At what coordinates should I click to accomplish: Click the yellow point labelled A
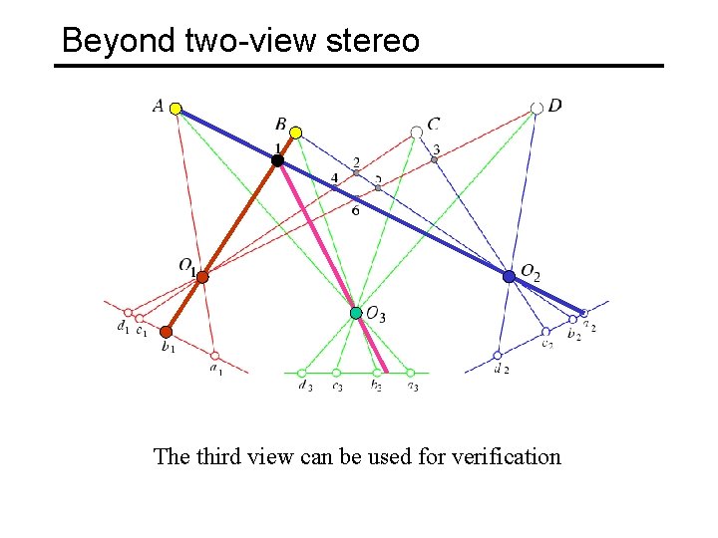[x=176, y=109]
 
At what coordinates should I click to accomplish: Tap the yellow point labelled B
[x=296, y=132]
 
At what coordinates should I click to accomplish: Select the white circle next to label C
[x=417, y=132]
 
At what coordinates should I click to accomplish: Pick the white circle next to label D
[x=538, y=107]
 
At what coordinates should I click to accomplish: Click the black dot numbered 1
[x=277, y=160]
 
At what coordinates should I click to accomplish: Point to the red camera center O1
[x=201, y=277]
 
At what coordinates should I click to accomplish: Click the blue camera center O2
[x=509, y=277]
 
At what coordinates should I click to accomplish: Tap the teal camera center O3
[x=356, y=313]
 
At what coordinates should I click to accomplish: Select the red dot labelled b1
[x=167, y=332]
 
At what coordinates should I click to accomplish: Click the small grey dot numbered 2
[x=356, y=172]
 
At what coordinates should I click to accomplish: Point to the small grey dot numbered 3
[x=435, y=159]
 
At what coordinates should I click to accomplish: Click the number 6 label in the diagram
[x=355, y=210]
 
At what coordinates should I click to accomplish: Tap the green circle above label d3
[x=302, y=373]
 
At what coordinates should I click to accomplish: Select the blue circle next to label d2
[x=498, y=355]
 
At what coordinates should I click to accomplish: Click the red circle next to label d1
[x=128, y=312]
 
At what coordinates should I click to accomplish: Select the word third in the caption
[x=219, y=456]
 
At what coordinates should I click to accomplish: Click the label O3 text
[x=376, y=316]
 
